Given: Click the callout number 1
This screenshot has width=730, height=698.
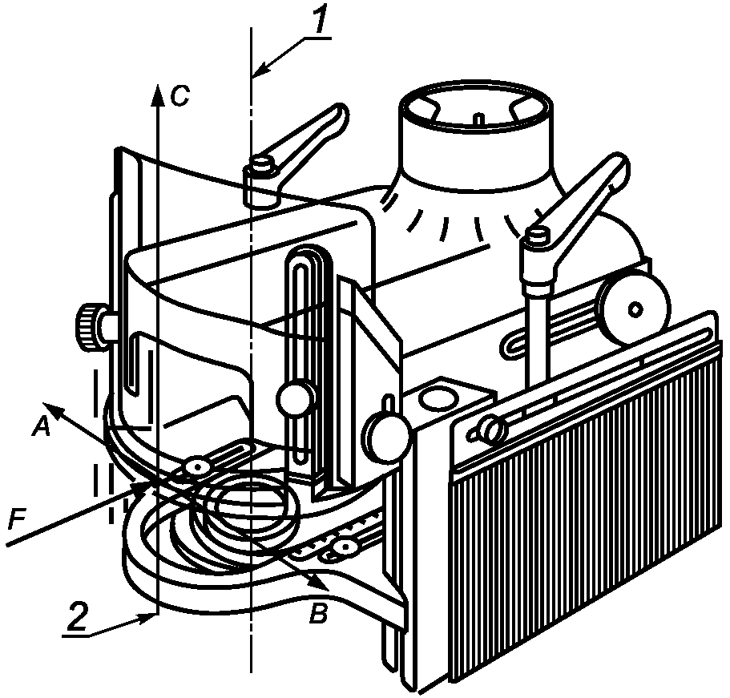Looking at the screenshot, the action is coord(321,18).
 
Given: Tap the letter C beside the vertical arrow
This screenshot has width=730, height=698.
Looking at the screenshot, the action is coord(179,96).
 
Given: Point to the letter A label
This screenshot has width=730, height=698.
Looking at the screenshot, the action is coord(42,426).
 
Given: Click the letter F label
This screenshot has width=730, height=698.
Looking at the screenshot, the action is coord(16,520).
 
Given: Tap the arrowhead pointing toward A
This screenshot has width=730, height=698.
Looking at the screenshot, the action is coord(53,410).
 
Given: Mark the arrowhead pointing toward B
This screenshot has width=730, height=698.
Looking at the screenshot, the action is coord(318,583).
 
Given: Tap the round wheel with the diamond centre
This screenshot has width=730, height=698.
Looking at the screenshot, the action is coord(635,309).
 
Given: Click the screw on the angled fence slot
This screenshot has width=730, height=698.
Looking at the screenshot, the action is coord(493,426).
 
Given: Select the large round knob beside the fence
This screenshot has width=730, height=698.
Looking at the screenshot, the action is coord(387,434).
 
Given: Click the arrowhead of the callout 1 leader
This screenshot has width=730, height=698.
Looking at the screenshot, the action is coord(262,70).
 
